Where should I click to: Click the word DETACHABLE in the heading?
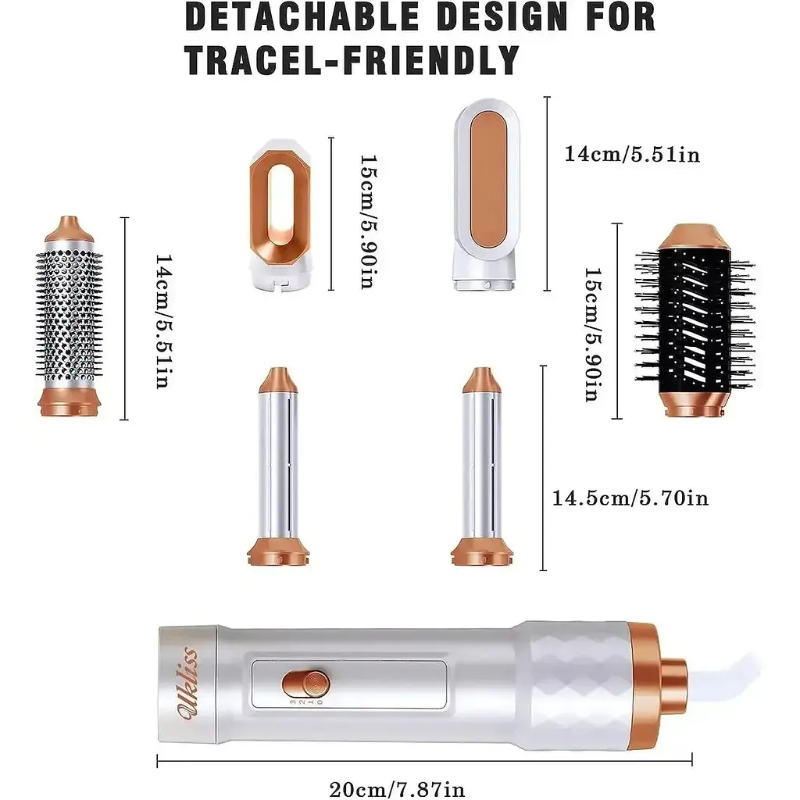click(x=302, y=16)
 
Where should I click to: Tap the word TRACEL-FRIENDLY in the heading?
click(x=352, y=60)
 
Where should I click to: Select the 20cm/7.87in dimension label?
click(x=397, y=789)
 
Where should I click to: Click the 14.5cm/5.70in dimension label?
click(x=630, y=498)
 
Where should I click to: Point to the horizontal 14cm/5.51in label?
click(x=632, y=154)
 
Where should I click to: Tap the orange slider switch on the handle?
click(x=306, y=684)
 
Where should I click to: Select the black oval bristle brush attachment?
click(x=695, y=320)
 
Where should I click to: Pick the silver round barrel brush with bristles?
click(x=70, y=316)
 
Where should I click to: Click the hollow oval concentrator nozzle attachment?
click(x=280, y=215)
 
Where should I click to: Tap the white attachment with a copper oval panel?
click(x=487, y=195)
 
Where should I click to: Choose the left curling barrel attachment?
click(x=278, y=466)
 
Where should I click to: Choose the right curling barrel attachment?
click(x=482, y=466)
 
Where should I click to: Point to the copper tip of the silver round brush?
click(x=70, y=229)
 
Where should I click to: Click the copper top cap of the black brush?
click(x=695, y=236)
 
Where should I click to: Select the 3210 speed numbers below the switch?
click(x=306, y=702)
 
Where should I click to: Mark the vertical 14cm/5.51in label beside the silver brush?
click(x=163, y=321)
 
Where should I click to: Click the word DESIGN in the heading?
click(x=502, y=16)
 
